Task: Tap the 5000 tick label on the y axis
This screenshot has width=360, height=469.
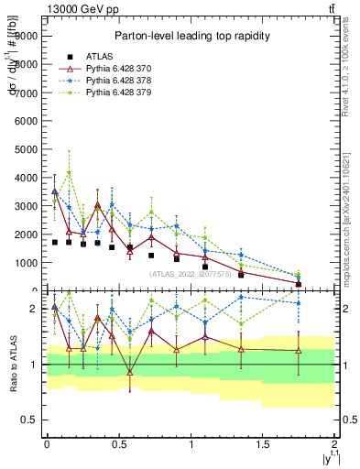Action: click(x=25, y=148)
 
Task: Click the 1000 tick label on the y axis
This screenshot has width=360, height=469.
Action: click(x=25, y=263)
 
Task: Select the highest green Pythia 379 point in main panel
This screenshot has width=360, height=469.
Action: click(x=69, y=172)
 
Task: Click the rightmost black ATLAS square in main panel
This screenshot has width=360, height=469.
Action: click(x=299, y=285)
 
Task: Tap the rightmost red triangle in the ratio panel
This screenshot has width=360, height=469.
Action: click(x=299, y=350)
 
